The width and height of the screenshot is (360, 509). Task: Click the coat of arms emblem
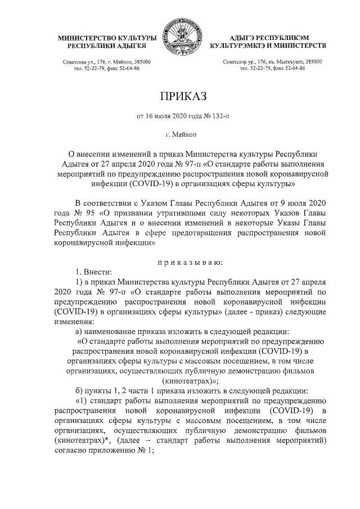point(180,37)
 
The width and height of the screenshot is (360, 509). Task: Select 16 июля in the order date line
point(159,117)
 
